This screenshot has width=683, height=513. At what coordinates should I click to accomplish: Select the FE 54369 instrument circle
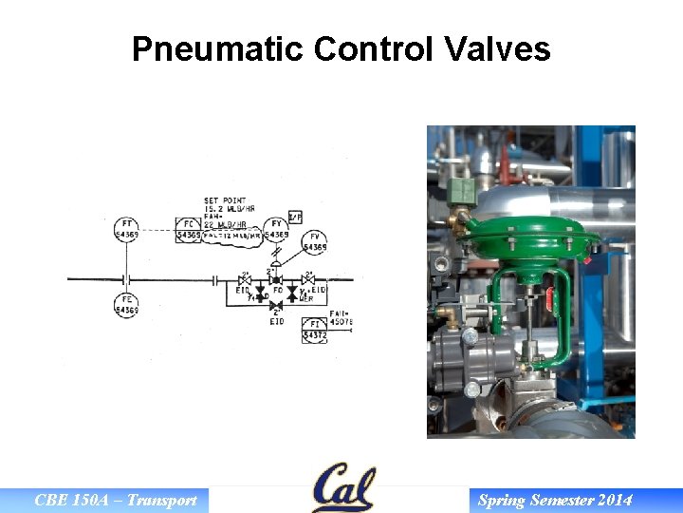coord(126,306)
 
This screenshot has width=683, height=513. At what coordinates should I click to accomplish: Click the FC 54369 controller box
coord(189,230)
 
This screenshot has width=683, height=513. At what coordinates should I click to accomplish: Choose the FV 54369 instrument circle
coord(315,242)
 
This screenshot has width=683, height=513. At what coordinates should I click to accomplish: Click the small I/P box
coord(295,217)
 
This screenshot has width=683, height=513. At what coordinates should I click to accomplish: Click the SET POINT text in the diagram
coord(224,200)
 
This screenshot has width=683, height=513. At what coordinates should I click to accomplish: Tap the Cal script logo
coord(342,487)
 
